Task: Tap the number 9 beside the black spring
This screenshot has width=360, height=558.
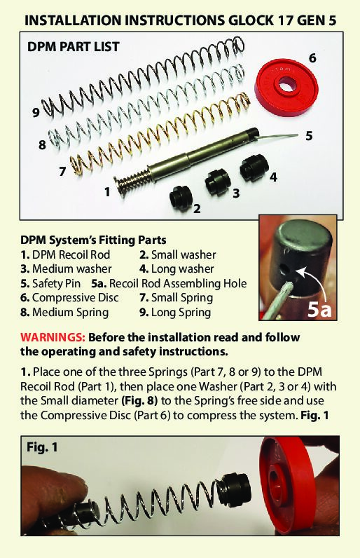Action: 36,113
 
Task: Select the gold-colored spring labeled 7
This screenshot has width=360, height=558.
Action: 160,134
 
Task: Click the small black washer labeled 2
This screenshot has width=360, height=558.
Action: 181,197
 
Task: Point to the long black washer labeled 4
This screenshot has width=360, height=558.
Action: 254,168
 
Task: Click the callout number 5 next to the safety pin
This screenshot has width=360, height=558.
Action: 309,135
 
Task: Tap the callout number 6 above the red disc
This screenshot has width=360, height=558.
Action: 312,57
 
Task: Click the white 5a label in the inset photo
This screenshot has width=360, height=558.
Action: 319,308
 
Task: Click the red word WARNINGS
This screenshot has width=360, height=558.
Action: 53,337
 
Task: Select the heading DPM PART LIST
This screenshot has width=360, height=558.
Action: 74,47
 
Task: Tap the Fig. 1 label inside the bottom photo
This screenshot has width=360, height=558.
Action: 42,447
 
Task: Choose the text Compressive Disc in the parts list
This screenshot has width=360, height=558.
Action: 76,297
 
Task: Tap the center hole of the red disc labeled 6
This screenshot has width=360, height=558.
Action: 285,86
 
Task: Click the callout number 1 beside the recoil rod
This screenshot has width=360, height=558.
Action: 107,192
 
